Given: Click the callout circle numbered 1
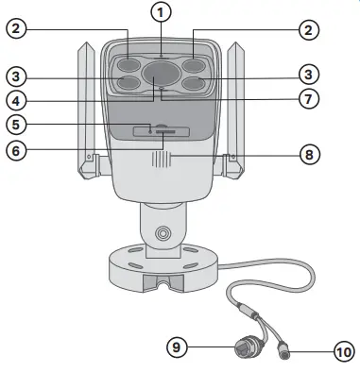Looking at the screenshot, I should click(162, 11).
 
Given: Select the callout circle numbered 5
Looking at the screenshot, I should click(15, 123).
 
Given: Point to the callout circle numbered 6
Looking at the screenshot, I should click(15, 150).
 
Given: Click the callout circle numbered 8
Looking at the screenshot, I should click(308, 152).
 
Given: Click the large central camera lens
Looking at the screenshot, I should click(161, 73).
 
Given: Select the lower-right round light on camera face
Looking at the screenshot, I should click(195, 84).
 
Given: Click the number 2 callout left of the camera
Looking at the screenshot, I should click(15, 30).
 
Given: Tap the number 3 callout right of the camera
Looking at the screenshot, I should click(308, 73).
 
